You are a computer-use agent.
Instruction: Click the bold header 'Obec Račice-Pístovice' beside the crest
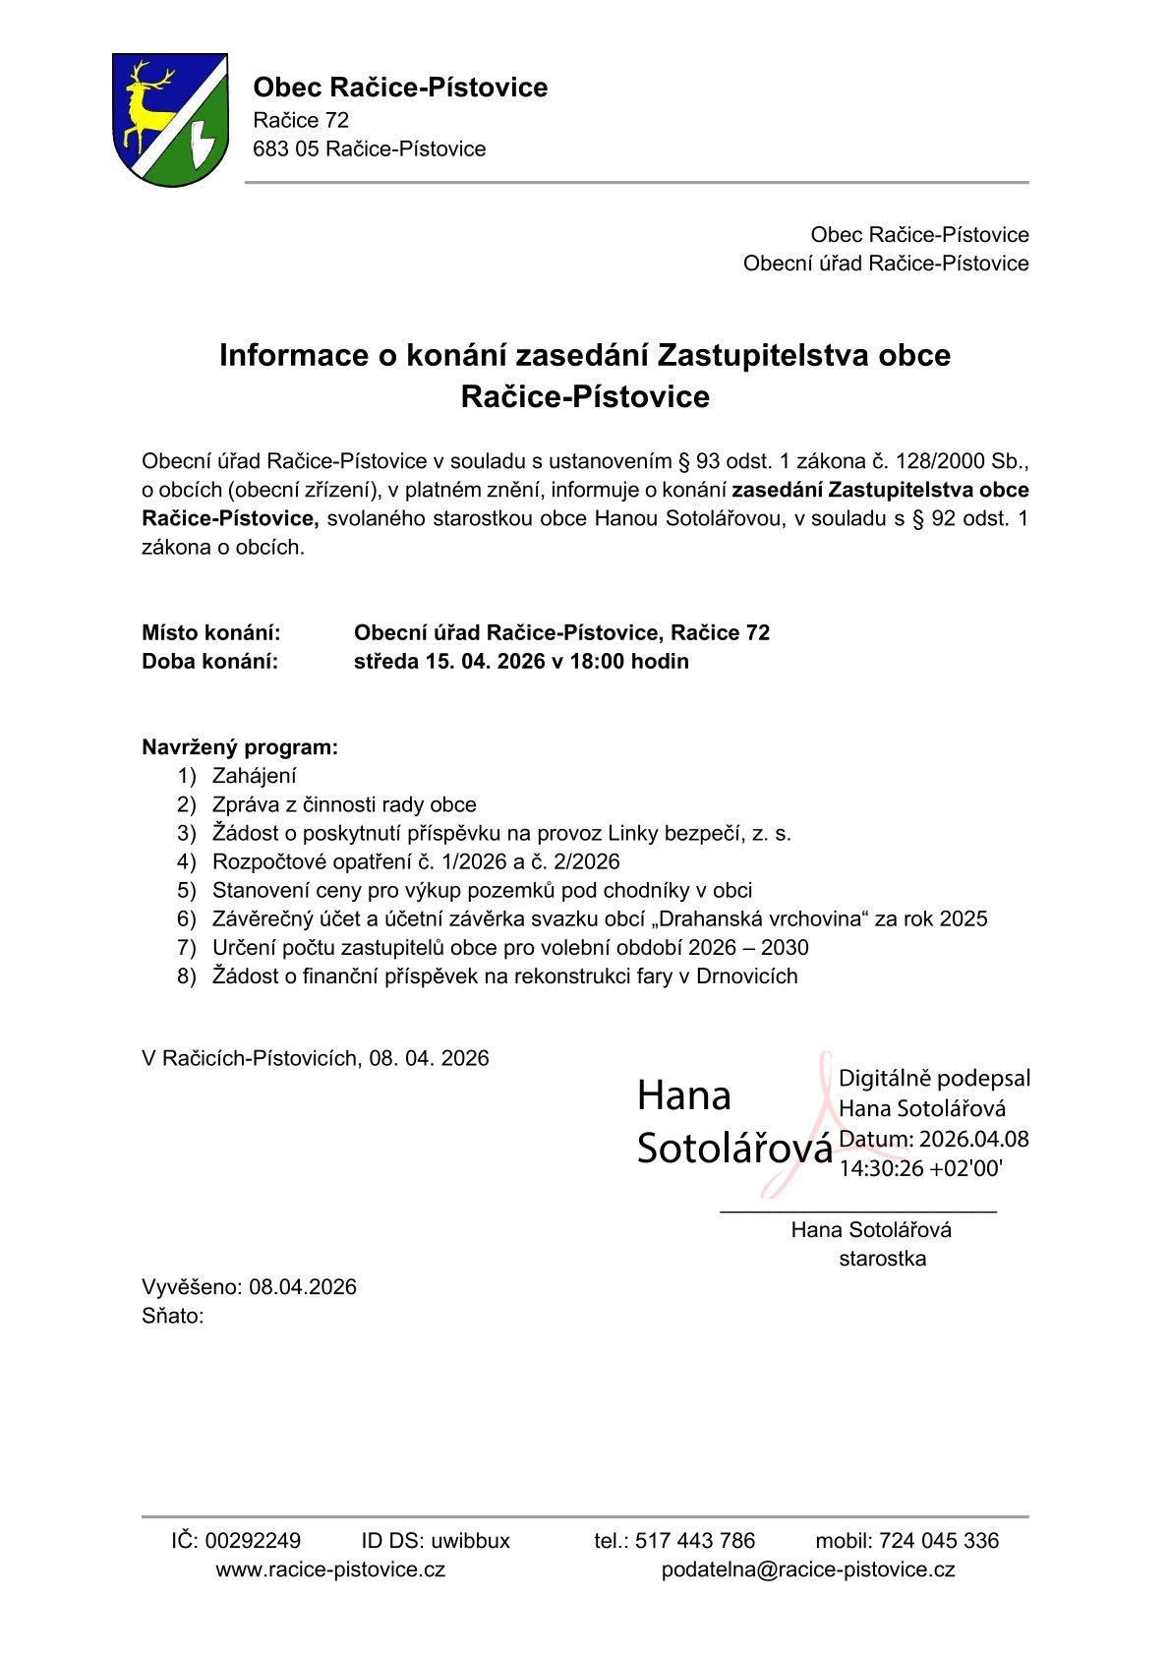(400, 88)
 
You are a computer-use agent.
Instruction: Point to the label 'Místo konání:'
(211, 633)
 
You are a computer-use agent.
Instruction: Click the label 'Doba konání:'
(210, 662)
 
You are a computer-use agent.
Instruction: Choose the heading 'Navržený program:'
(240, 747)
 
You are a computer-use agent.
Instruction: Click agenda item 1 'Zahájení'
(255, 776)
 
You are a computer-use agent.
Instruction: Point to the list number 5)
(187, 891)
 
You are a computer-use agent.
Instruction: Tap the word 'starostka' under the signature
(882, 1259)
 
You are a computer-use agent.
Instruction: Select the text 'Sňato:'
(173, 1317)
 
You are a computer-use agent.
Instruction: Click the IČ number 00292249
(253, 1541)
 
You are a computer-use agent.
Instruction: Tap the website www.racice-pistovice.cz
(330, 1569)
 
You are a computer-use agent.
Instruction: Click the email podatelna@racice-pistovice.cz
(808, 1569)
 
